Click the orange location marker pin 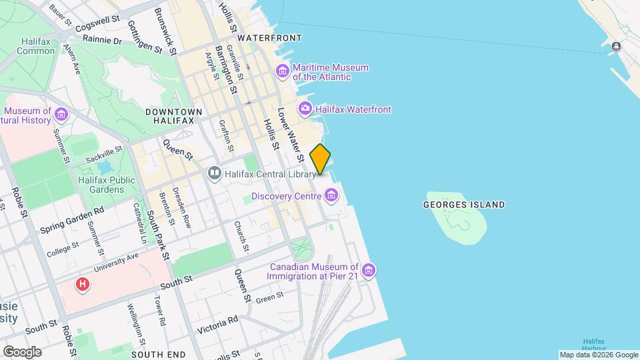point(321,159)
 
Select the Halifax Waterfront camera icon point(305,109)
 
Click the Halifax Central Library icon point(215,174)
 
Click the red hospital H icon point(83,285)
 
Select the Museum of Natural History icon point(61,115)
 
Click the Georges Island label point(464,205)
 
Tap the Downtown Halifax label point(169,115)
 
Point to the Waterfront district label point(269,38)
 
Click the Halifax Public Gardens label point(107,185)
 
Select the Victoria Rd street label point(217,325)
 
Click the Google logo point(22,351)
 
